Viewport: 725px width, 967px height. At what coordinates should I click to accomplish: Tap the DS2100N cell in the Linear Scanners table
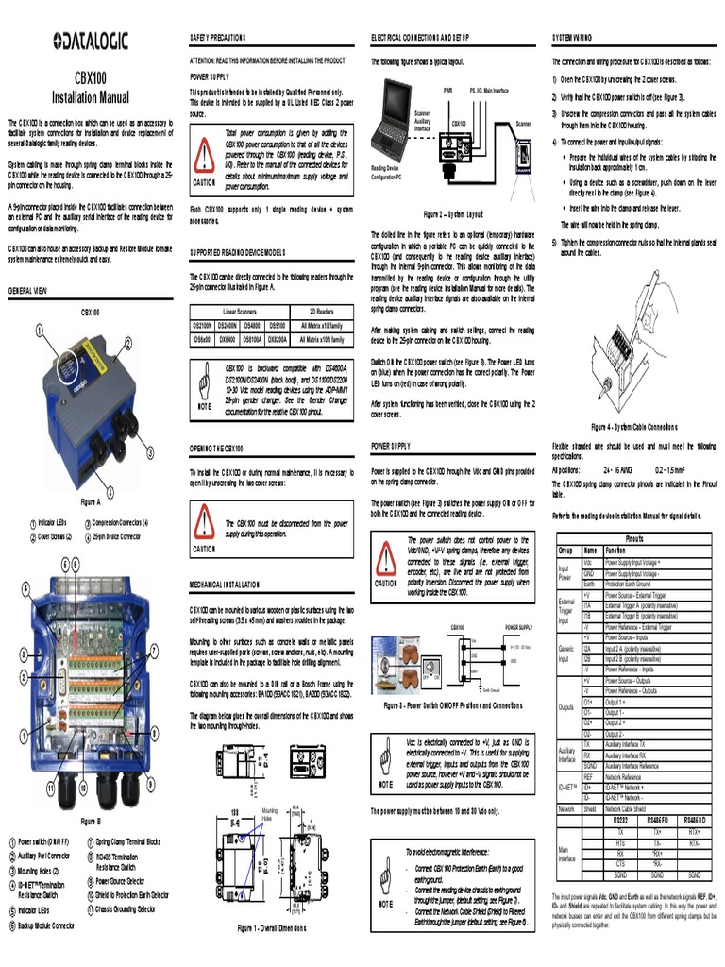click(204, 324)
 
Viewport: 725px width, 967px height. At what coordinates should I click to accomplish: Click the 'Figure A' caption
click(91, 501)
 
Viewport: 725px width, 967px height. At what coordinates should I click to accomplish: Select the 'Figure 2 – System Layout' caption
click(454, 214)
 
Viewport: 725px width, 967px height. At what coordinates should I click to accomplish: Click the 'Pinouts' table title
click(634, 538)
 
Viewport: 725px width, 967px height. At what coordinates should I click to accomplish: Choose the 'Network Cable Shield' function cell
click(638, 809)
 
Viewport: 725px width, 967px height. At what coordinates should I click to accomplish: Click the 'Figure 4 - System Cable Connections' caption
click(634, 426)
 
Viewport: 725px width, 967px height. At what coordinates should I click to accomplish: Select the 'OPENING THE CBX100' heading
click(216, 447)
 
